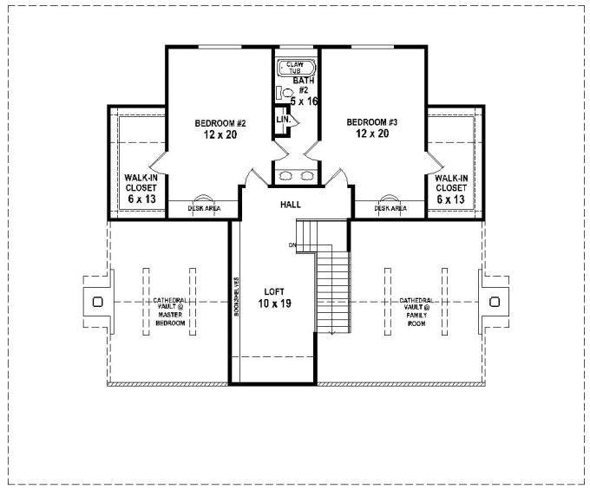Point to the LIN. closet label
click(x=282, y=119)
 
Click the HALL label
click(x=290, y=205)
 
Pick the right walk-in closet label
click(x=451, y=187)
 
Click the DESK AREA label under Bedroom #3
click(x=390, y=208)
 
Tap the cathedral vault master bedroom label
click(x=170, y=311)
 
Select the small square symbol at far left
click(x=96, y=302)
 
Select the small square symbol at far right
click(x=495, y=302)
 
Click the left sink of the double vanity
click(x=285, y=176)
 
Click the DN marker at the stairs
click(x=292, y=245)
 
